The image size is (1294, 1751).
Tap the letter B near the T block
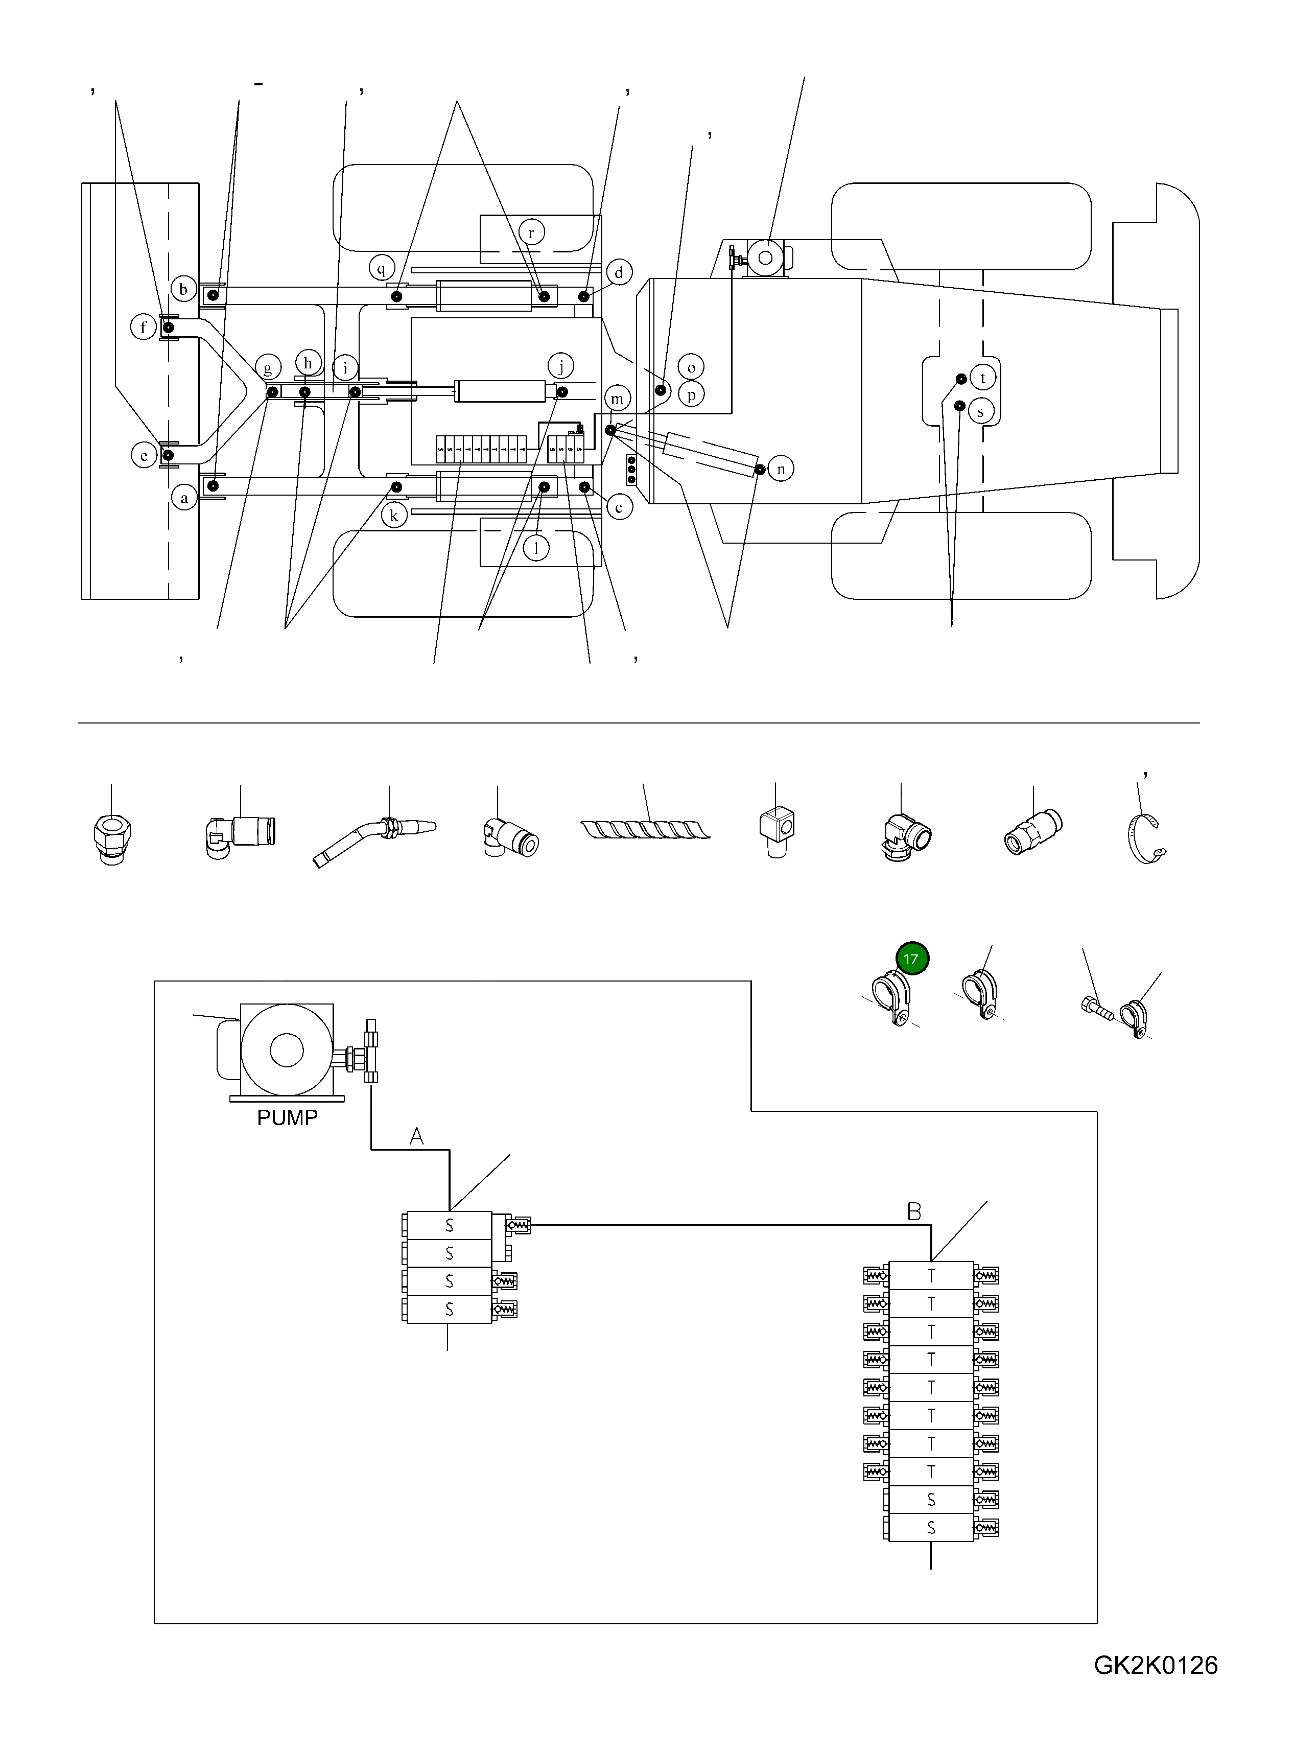pyautogui.click(x=913, y=1212)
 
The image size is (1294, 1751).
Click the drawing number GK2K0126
pyautogui.click(x=1156, y=1687)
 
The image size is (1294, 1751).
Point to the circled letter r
pyautogui.click(x=531, y=232)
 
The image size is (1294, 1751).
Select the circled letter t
pyautogui.click(x=982, y=378)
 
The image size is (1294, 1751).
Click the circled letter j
pyautogui.click(x=561, y=365)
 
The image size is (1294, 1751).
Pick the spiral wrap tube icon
pyautogui.click(x=645, y=829)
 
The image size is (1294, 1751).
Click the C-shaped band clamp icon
pyautogui.click(x=1147, y=838)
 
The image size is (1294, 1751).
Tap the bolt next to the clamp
pyautogui.click(x=1097, y=1008)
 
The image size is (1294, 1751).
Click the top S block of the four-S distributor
pyautogui.click(x=449, y=1225)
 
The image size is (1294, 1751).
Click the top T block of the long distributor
pyautogui.click(x=931, y=1275)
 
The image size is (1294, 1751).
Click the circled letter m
pyautogui.click(x=617, y=399)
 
